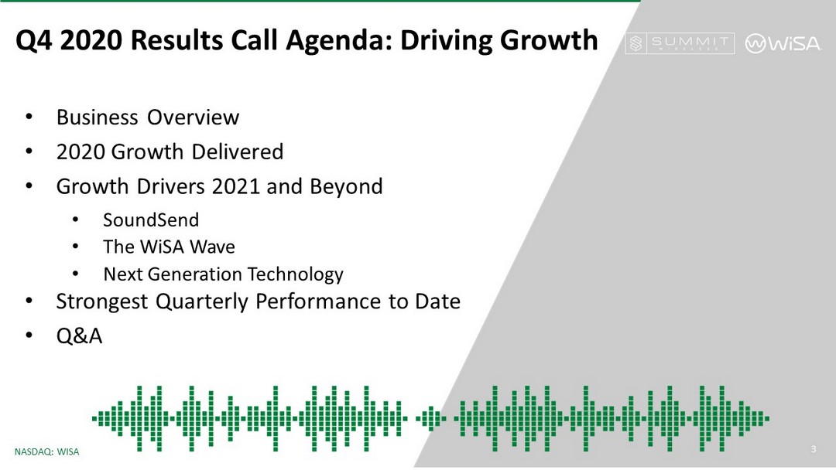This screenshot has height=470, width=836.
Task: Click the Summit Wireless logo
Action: (680, 43)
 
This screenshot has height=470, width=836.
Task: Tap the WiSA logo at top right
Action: (783, 43)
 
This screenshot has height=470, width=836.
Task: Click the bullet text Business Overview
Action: (148, 117)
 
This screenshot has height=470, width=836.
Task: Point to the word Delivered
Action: (238, 152)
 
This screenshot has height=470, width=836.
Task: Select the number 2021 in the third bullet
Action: (235, 186)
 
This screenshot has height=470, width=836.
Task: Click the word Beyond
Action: (346, 187)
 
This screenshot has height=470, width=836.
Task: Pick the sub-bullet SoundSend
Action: (151, 220)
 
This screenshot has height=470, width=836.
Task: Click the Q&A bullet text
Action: (79, 335)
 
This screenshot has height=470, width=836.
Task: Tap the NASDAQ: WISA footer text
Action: (47, 452)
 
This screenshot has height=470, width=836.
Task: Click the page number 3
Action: (814, 449)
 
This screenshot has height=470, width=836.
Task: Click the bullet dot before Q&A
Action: (29, 335)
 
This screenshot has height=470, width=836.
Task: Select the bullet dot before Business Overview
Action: (29, 117)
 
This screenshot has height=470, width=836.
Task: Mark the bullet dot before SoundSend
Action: (76, 220)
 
